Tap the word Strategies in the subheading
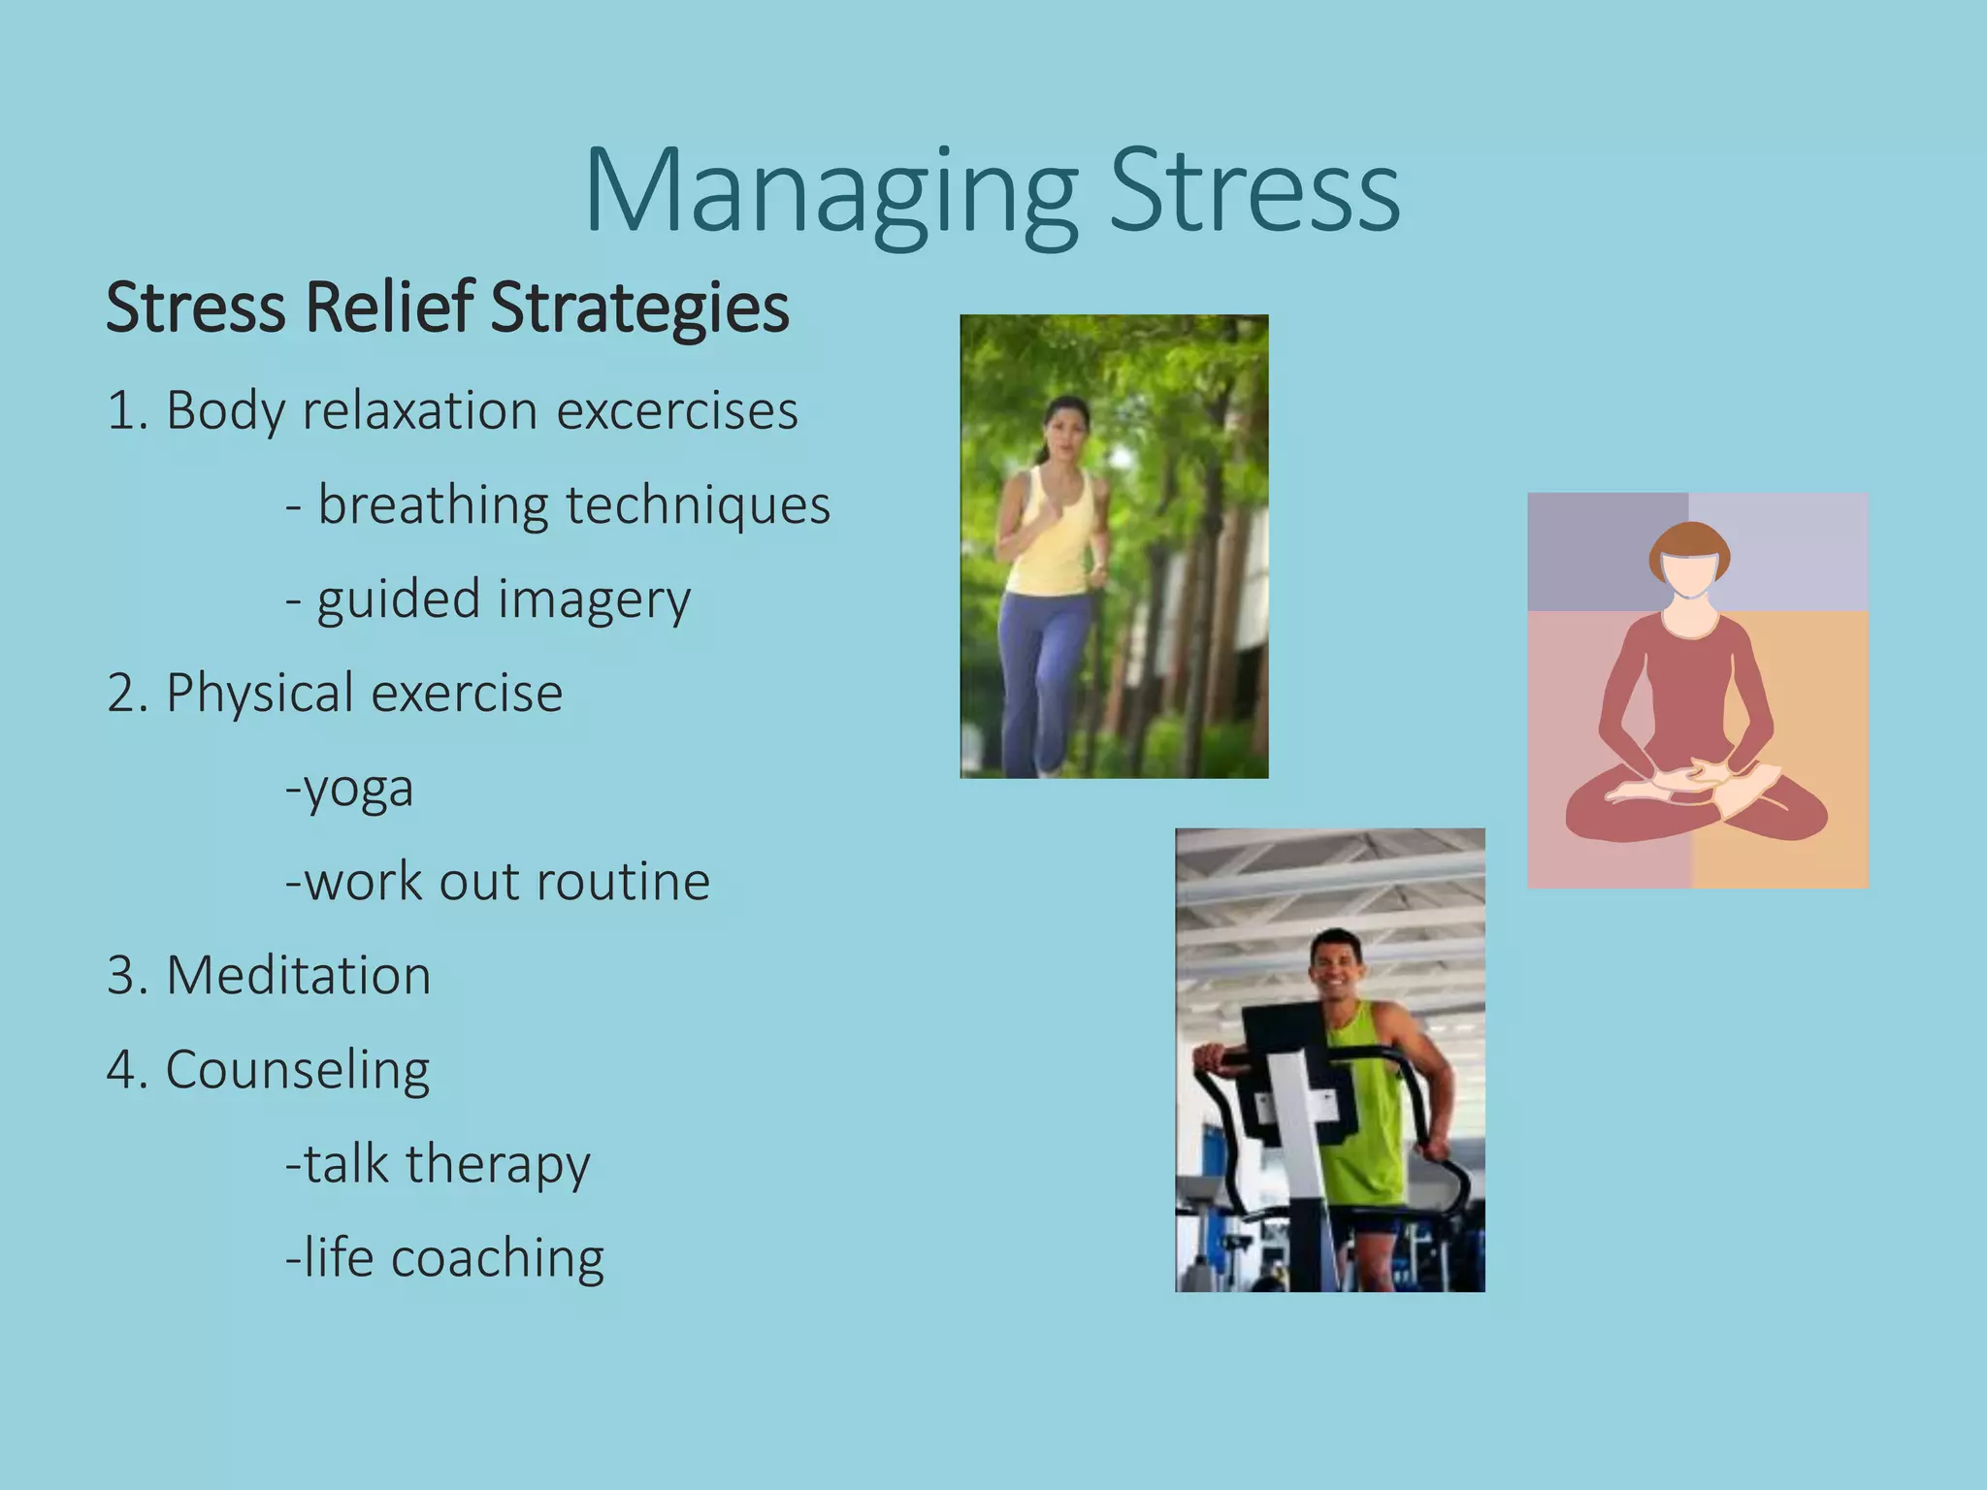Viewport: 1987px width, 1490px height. click(639, 308)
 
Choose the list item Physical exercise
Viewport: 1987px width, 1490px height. click(335, 694)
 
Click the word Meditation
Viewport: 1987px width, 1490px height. click(298, 976)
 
